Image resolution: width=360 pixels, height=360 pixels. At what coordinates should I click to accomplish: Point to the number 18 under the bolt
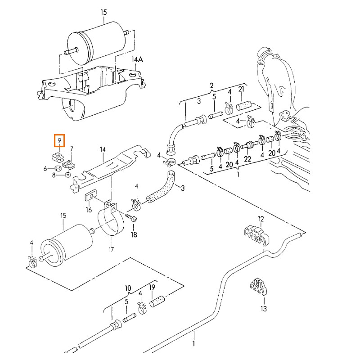[134, 234]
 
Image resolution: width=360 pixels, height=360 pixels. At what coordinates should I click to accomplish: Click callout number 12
[261, 219]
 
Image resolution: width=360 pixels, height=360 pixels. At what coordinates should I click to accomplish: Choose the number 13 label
[263, 308]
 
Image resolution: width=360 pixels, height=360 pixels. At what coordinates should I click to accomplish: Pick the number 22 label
[247, 158]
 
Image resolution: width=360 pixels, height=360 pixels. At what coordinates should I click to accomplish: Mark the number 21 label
[241, 90]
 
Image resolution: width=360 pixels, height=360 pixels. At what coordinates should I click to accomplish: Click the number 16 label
[89, 210]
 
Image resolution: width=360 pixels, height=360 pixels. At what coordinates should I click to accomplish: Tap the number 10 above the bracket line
[128, 288]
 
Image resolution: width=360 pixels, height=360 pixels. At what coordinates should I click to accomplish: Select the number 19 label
[152, 288]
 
